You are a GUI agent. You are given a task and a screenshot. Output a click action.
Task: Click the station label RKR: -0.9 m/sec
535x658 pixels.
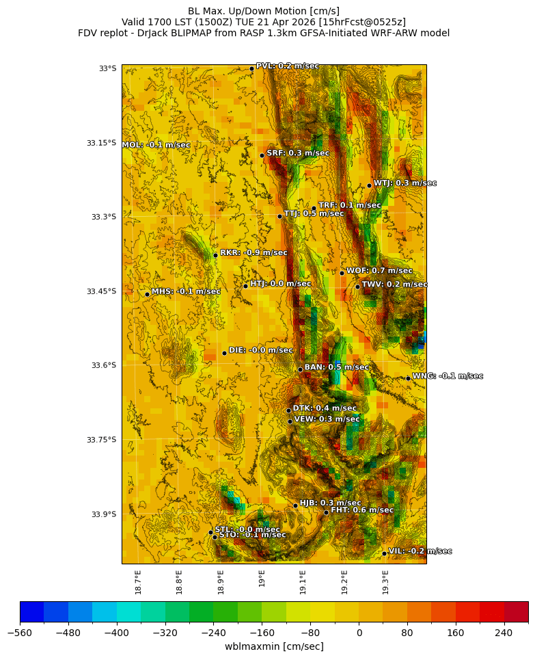point(253,253)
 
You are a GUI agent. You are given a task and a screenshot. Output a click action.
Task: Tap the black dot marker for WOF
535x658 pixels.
point(342,273)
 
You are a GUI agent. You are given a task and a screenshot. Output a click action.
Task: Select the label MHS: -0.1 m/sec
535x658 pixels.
point(186,291)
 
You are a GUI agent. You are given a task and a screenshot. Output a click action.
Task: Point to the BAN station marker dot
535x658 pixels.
point(300,369)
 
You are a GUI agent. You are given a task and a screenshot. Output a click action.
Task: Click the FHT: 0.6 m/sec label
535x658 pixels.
point(362,510)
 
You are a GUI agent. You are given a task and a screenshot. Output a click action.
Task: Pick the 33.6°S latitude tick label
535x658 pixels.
point(101,365)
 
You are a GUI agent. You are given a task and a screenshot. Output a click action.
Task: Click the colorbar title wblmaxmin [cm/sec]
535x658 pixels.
point(274,646)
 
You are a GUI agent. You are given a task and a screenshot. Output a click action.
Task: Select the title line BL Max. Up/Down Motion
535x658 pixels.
point(264,11)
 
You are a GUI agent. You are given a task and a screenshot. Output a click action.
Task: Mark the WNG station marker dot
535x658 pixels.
point(408,378)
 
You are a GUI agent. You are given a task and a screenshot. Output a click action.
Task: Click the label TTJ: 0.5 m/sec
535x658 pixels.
point(314,214)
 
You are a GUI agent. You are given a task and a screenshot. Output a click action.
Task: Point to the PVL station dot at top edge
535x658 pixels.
point(251,68)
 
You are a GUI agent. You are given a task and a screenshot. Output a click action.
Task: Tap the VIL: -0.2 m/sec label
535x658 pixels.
point(420,551)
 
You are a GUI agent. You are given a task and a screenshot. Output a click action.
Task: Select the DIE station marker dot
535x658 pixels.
point(224,353)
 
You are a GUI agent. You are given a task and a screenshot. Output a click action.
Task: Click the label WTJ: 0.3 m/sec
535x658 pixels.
point(404,183)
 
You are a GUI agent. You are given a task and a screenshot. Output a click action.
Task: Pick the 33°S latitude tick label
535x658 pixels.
point(107,68)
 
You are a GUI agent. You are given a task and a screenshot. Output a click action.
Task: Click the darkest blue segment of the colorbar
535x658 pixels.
point(31,611)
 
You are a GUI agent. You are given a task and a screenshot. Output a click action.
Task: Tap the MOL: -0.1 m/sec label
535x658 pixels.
point(156,145)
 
